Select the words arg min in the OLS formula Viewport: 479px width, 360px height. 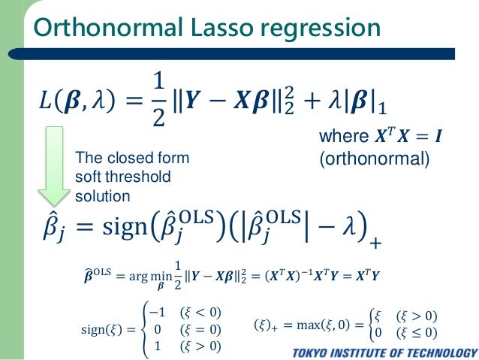[147, 277]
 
